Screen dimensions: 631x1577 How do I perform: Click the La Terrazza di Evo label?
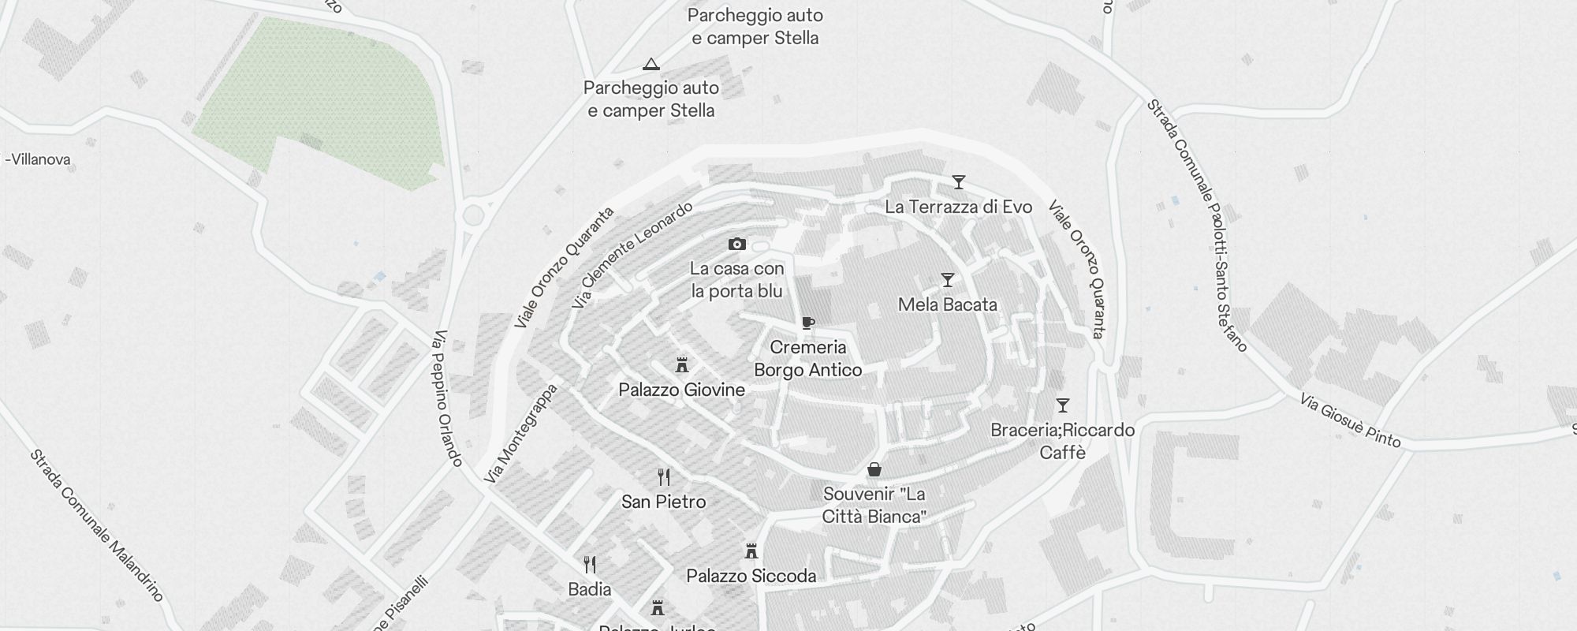(x=958, y=207)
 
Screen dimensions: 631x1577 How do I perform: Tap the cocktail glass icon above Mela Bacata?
(x=948, y=280)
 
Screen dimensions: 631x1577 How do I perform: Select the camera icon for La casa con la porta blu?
(x=737, y=245)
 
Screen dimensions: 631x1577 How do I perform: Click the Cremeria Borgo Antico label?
(x=808, y=359)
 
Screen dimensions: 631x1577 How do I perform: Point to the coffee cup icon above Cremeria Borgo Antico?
(x=808, y=323)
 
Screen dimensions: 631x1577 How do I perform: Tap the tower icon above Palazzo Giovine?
(x=682, y=365)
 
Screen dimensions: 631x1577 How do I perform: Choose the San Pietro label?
(x=663, y=502)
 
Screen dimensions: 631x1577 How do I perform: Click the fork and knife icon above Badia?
(x=590, y=565)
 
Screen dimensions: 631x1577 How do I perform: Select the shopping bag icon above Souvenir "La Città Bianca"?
(x=874, y=470)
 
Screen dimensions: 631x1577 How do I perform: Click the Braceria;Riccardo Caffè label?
(x=1062, y=441)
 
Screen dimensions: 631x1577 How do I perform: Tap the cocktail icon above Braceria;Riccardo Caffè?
(x=1063, y=405)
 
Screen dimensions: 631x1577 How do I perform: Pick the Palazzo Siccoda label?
(x=751, y=576)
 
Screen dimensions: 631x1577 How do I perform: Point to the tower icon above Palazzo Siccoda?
(x=751, y=551)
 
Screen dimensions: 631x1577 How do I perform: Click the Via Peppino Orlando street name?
(x=447, y=398)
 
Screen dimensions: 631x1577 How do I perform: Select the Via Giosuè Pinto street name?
(x=1350, y=420)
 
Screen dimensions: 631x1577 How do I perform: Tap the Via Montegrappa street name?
(x=520, y=434)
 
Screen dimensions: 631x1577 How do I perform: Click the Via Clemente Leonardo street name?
(x=632, y=255)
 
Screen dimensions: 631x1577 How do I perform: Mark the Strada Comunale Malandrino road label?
(x=96, y=525)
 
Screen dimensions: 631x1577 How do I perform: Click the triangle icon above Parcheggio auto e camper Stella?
(x=651, y=64)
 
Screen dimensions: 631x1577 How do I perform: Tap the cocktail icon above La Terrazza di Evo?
(x=958, y=182)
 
